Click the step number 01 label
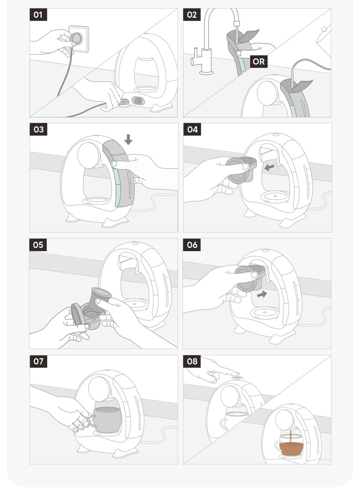[38, 15]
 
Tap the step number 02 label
[191, 15]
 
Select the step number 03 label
[39, 129]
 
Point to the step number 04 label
[192, 129]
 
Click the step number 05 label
[38, 245]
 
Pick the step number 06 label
[192, 245]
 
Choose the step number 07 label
[38, 361]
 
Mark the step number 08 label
[192, 361]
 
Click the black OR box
[259, 62]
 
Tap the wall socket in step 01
[79, 39]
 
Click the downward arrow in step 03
[128, 140]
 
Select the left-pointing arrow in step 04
[269, 167]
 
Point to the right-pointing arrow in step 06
[262, 294]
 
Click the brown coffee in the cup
[291, 449]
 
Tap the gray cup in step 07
[106, 420]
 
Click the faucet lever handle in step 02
[193, 57]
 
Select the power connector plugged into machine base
[124, 102]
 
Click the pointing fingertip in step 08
[237, 373]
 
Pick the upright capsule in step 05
[100, 300]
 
